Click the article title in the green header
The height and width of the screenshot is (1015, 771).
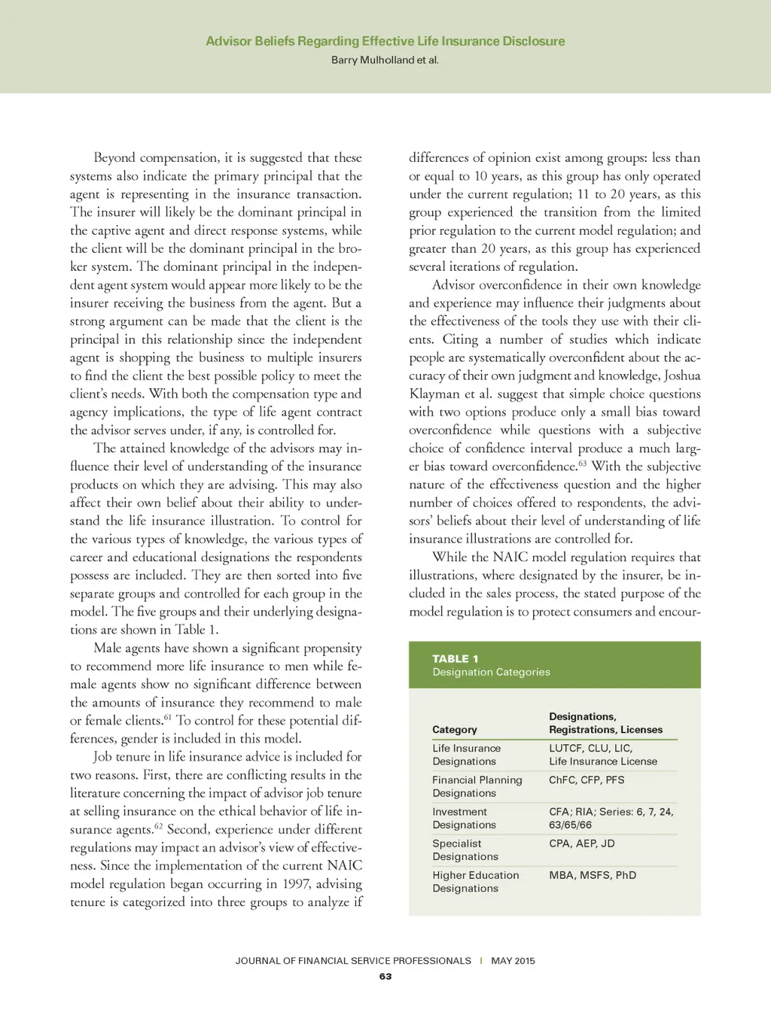pos(385,41)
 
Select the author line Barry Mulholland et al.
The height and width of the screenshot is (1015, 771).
pos(385,60)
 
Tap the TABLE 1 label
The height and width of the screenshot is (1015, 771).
pos(455,658)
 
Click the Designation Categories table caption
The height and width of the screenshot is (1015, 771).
pos(491,672)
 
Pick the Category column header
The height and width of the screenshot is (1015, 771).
pos(454,729)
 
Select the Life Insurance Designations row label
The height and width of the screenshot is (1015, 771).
pos(466,755)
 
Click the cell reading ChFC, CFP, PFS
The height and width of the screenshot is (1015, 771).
pos(587,779)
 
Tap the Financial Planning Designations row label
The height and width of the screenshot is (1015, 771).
pos(477,786)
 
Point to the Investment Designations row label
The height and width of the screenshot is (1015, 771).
pos(464,818)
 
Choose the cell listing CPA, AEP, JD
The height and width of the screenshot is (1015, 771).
pos(581,843)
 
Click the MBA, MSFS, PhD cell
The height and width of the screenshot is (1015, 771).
pos(593,875)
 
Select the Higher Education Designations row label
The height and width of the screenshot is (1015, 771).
pos(475,881)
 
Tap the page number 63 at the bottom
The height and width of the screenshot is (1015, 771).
pos(385,976)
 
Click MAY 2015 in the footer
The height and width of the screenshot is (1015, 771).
pos(513,961)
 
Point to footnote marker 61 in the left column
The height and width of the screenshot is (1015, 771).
pos(168,716)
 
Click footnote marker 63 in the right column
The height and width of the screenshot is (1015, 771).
pos(582,462)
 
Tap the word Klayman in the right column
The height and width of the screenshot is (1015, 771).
pos(433,394)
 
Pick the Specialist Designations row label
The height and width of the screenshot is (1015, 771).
pos(465,849)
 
